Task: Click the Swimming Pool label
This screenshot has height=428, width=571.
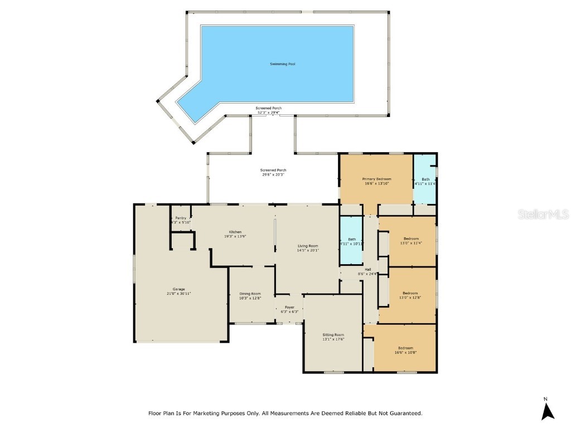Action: tap(282, 64)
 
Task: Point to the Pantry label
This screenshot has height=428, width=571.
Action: tap(181, 218)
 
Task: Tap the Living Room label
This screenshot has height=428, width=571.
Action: tap(308, 246)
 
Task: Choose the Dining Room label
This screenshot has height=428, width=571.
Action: tap(250, 294)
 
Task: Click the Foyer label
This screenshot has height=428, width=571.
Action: tap(289, 307)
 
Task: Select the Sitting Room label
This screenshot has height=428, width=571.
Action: tap(333, 335)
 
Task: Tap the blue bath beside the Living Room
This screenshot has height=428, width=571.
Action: tap(351, 241)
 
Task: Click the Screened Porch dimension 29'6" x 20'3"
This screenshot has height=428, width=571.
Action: tap(273, 174)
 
